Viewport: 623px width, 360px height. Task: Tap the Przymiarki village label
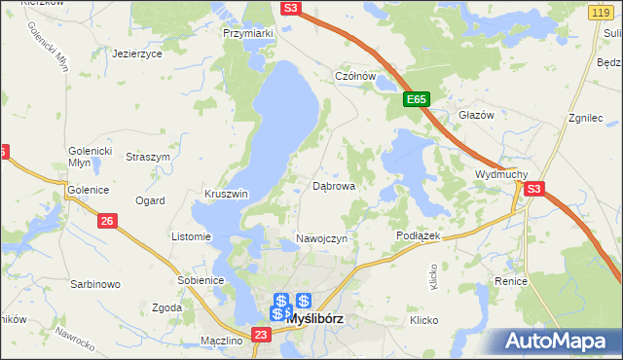248,32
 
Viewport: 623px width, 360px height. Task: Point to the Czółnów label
355,76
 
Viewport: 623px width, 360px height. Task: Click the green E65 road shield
417,100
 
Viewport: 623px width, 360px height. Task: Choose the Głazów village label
477,114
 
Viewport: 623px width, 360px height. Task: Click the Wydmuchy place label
500,174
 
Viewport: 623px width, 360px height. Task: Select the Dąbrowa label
333,185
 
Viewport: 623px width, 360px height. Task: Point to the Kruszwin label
226,194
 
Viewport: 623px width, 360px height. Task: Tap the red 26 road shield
108,222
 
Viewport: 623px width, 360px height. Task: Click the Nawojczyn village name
321,239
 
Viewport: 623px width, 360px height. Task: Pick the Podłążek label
420,235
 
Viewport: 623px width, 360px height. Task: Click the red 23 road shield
260,336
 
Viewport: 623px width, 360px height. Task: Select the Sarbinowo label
94,285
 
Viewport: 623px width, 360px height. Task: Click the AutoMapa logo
562,341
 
